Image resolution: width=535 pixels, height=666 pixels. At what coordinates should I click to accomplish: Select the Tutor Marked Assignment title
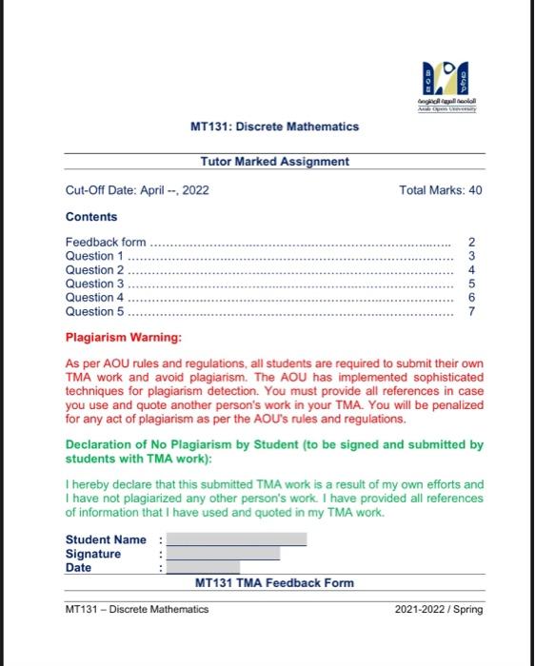coord(274,162)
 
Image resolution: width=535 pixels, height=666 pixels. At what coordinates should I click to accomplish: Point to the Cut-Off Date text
coord(137,190)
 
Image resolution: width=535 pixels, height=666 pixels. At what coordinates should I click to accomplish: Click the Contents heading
coord(91,217)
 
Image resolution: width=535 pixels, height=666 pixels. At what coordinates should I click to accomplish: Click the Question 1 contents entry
coord(94,256)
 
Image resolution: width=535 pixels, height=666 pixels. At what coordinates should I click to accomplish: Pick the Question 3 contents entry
coord(94,284)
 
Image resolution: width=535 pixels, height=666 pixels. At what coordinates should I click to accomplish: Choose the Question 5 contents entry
coord(94,311)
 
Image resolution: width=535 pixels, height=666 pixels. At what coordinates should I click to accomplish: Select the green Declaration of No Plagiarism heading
coord(274,451)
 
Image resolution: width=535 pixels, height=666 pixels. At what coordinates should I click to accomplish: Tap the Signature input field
coord(223,554)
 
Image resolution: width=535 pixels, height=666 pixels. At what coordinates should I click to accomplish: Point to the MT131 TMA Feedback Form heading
coord(274,583)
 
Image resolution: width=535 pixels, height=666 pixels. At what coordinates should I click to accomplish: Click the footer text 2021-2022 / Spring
coord(439,610)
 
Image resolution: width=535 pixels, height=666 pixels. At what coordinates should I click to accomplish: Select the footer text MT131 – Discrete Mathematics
coord(137,610)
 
